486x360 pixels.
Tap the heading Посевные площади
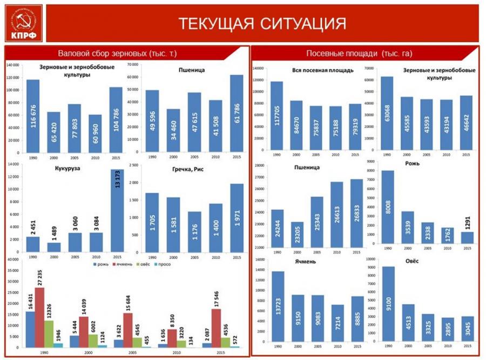tap(359, 53)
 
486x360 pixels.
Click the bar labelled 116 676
tap(33, 116)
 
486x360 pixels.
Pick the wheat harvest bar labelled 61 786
tap(237, 114)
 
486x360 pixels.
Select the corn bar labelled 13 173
tap(116, 211)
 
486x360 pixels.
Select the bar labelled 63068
tap(387, 114)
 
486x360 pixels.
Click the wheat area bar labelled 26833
tap(355, 214)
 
